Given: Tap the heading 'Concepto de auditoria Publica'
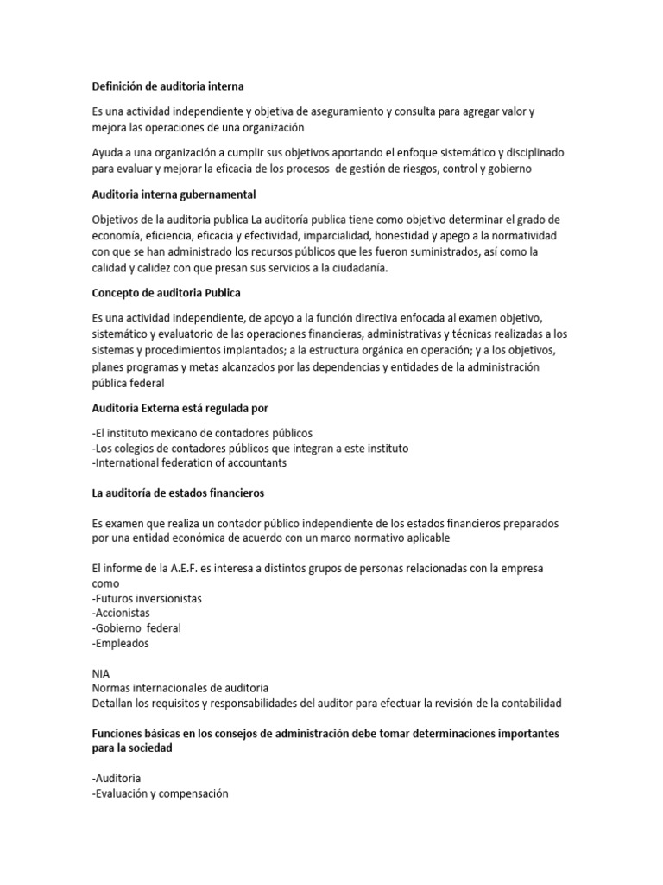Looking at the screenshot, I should coord(167,294).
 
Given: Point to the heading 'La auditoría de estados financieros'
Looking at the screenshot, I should coord(178,493).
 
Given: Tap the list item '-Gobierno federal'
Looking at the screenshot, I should coord(136,628).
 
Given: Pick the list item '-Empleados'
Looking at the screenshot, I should coord(120,643).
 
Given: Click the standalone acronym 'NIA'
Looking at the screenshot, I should coord(100,672).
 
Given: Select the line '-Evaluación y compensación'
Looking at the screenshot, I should coord(160,793).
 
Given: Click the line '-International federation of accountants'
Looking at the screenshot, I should coord(189,462).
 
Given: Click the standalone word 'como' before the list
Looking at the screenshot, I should coord(105,583).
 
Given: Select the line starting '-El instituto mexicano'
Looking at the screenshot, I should coord(201,432).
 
